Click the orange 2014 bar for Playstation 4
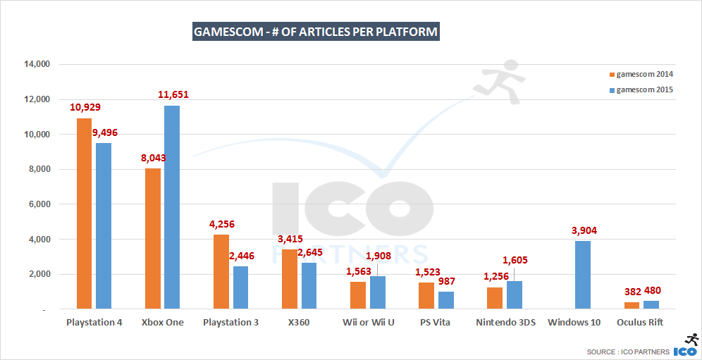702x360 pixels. coord(84,213)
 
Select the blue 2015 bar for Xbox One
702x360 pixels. coord(172,207)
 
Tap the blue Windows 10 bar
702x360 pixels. coord(583,275)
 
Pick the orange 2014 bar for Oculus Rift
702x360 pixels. coord(632,305)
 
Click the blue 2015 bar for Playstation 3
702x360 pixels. coord(240,287)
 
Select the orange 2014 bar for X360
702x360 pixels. coord(290,279)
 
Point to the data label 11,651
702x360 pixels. coord(172,94)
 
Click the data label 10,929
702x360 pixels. coord(85,107)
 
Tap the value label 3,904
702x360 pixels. coord(583,230)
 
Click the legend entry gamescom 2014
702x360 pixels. coord(643,74)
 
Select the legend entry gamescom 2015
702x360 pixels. coord(643,89)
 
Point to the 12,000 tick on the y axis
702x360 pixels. coord(35,99)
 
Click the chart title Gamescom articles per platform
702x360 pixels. coord(316,32)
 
